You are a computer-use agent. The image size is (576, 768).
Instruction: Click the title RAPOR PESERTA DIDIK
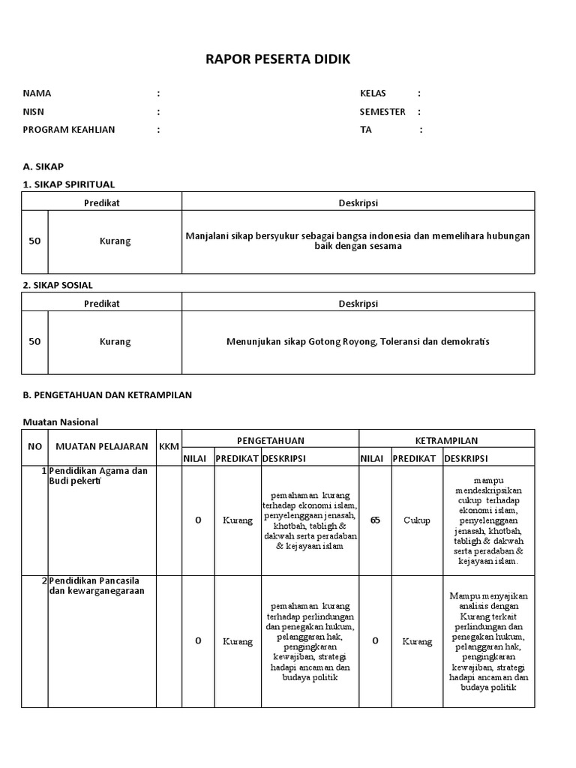(277, 59)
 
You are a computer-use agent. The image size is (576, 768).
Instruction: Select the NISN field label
(34, 112)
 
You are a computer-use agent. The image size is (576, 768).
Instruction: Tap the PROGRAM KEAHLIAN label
(69, 130)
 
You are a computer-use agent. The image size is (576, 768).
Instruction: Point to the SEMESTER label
(382, 112)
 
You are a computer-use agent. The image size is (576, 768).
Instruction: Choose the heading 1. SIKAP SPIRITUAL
(68, 184)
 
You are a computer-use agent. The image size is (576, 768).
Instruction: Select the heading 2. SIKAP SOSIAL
(58, 285)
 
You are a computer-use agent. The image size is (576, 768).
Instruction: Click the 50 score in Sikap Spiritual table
(34, 241)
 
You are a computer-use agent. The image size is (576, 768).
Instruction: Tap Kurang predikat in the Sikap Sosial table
(115, 342)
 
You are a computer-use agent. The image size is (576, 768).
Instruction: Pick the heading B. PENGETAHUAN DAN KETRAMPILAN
(107, 395)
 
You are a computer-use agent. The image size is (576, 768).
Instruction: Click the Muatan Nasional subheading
(60, 422)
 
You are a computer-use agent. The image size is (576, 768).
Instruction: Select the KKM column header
(169, 447)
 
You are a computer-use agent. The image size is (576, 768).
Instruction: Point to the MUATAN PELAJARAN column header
(102, 447)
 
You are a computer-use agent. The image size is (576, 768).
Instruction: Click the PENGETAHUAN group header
(271, 440)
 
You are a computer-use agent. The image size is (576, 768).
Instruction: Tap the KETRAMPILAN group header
(446, 440)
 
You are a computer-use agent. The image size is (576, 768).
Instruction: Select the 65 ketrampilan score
(375, 520)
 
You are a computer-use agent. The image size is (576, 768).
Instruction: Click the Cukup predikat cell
(417, 520)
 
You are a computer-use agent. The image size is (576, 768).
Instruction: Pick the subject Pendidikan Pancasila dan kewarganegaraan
(96, 586)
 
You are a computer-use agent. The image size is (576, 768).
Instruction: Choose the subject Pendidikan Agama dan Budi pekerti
(98, 475)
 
